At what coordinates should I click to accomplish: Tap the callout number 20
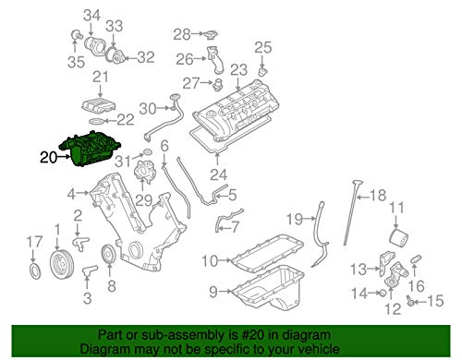[x=48, y=158]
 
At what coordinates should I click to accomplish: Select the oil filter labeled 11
[x=398, y=245]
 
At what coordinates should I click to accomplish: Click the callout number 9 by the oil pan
[x=212, y=293]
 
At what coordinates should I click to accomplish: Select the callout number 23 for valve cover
[x=238, y=70]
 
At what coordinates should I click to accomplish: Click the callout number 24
[x=219, y=173]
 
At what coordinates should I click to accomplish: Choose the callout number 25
[x=262, y=46]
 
